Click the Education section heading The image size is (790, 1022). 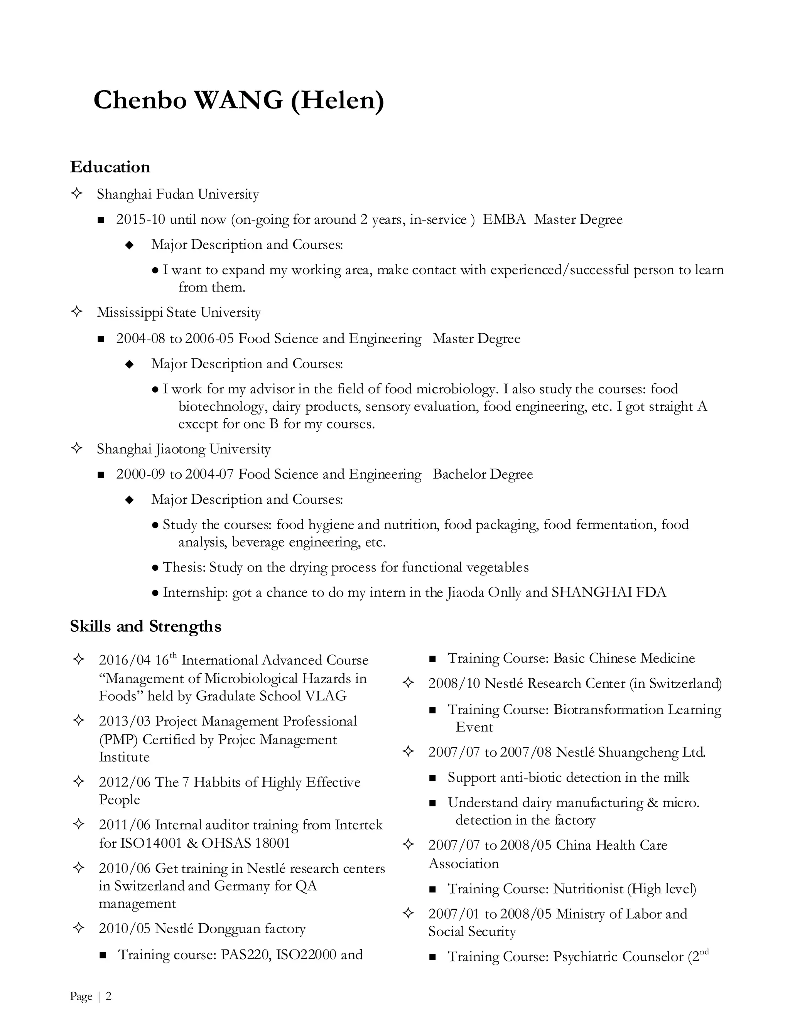110,167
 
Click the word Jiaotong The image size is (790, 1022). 180,449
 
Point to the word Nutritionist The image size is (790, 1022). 588,889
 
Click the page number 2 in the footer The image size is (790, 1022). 108,996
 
